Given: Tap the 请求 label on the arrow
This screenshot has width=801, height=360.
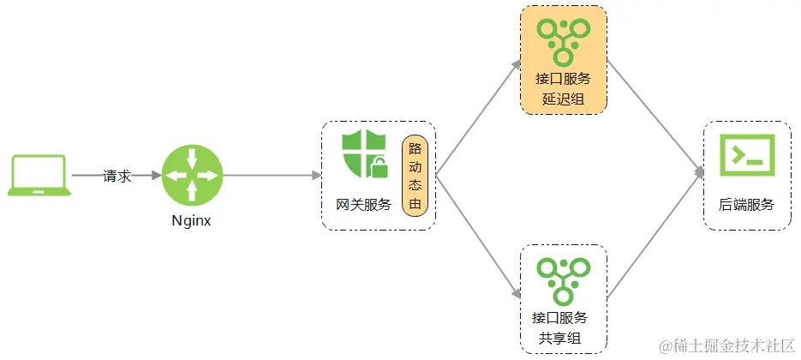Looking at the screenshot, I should coord(117,176).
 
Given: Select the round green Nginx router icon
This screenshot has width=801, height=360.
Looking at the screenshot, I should coord(191,175).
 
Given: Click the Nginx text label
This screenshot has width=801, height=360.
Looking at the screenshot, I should coord(191,220).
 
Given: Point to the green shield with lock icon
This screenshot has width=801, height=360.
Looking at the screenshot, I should coord(364,155).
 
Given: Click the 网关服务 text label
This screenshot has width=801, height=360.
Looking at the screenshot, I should coord(363,205).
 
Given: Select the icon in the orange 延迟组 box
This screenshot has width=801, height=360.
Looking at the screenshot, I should coord(563,39).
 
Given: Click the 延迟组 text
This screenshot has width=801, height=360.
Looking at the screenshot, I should coord(563,99).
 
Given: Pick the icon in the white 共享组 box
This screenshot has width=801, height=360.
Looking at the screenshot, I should coord(563,279).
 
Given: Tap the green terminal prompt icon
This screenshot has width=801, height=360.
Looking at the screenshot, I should coord(747,155).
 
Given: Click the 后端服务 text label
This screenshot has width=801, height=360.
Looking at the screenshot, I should coord(747,205).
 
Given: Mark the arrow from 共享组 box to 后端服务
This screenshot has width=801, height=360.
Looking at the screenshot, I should coord(654,236).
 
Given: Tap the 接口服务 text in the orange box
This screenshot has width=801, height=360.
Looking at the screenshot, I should coord(563,79).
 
